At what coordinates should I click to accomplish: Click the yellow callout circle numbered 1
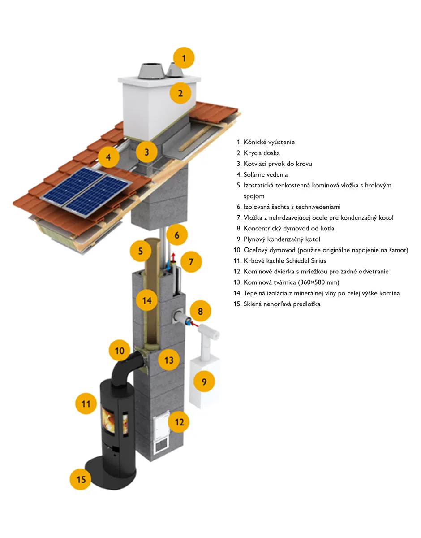point(185,58)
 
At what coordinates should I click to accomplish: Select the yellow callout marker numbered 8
point(201,311)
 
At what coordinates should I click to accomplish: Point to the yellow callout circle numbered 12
point(179,421)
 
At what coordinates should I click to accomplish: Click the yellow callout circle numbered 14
point(147,300)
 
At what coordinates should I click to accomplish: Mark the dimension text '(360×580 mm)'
point(317,282)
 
